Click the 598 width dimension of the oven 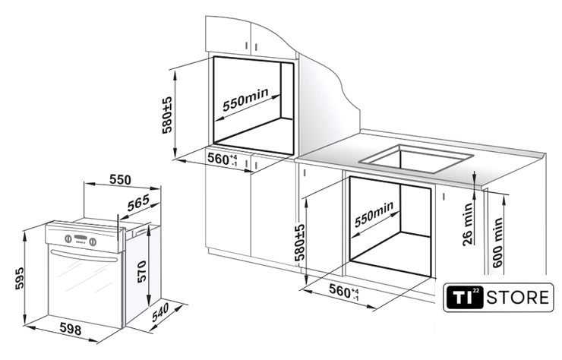[70, 328]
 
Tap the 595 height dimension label [19, 277]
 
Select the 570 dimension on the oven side [141, 271]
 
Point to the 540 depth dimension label [159, 312]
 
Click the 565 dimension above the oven [138, 203]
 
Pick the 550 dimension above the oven [120, 180]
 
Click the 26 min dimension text [467, 225]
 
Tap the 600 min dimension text [497, 243]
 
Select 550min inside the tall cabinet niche [245, 99]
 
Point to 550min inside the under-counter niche [374, 214]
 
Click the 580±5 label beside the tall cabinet [167, 115]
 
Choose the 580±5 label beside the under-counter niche [299, 242]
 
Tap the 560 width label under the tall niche [223, 159]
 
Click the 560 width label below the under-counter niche [344, 290]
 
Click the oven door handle [85, 256]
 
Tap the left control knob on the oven [68, 238]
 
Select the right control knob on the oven [93, 242]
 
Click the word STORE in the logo [517, 297]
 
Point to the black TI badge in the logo [465, 297]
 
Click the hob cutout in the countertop [416, 159]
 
